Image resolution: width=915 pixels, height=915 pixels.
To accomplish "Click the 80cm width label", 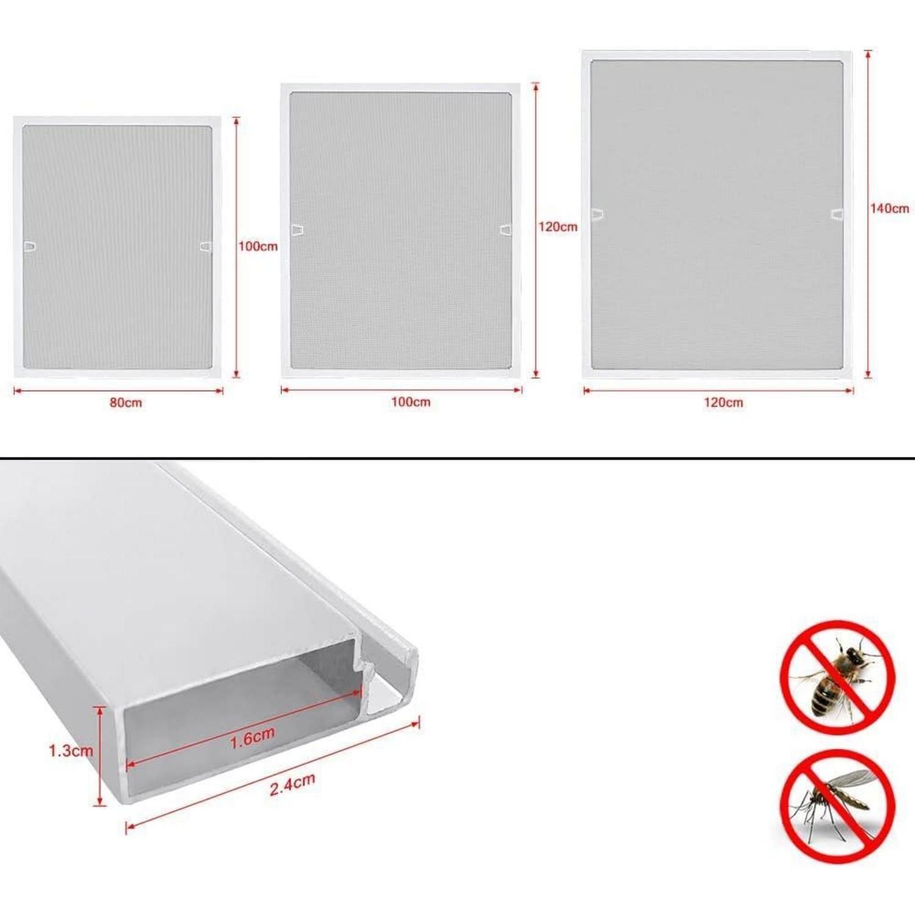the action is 126,403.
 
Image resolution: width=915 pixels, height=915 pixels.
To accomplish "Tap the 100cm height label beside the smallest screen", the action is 258,246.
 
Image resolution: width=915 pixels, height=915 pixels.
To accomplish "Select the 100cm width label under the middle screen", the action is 411,402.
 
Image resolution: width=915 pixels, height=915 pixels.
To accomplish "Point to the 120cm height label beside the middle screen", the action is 558,227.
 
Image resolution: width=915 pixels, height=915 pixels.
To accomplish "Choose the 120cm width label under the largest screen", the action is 723,403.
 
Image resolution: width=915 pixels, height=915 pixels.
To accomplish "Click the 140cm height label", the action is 889,209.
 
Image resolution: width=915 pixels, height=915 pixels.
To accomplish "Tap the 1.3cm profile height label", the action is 71,750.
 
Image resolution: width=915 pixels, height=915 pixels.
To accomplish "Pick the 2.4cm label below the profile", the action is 293,784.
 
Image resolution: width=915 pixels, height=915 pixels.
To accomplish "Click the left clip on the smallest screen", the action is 30,246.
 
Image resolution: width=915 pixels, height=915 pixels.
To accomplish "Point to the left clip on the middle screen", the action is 298,230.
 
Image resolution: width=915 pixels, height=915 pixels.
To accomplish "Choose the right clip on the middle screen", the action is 506,230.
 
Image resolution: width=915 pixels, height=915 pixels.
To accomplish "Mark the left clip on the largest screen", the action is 598,215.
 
